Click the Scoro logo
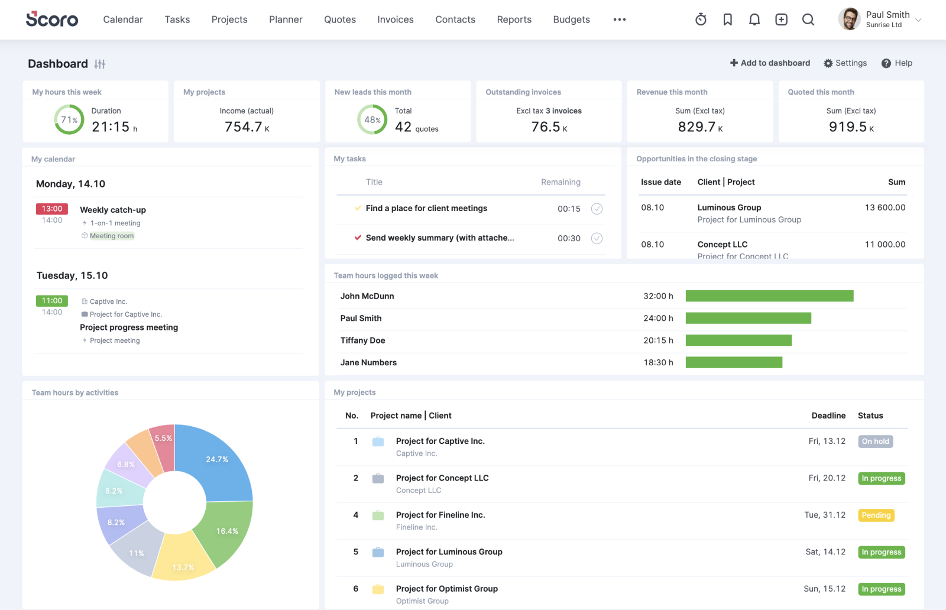tap(52, 20)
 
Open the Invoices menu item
tap(395, 20)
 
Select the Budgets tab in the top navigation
tap(571, 20)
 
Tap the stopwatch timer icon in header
tap(701, 20)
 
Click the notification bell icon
tap(754, 20)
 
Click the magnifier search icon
tap(808, 20)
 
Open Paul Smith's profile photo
tap(850, 19)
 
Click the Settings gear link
tap(845, 63)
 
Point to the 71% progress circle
tap(69, 119)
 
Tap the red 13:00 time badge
tap(52, 209)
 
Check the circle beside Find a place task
tap(597, 209)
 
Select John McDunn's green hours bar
tap(769, 296)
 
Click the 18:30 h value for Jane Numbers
tap(658, 362)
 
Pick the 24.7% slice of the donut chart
tap(219, 467)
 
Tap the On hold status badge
tap(875, 442)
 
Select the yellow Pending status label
tap(876, 515)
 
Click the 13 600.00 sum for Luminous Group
tap(885, 207)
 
